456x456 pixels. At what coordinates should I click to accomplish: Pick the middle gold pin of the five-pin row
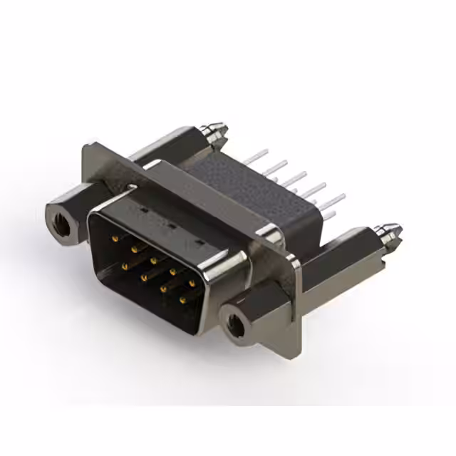click(152, 261)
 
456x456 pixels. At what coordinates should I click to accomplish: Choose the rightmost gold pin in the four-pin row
click(183, 301)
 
